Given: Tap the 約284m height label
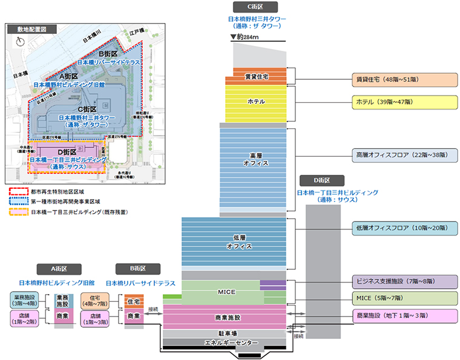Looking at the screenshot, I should click(x=248, y=38).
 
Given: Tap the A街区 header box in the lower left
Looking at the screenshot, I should click(x=56, y=269).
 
